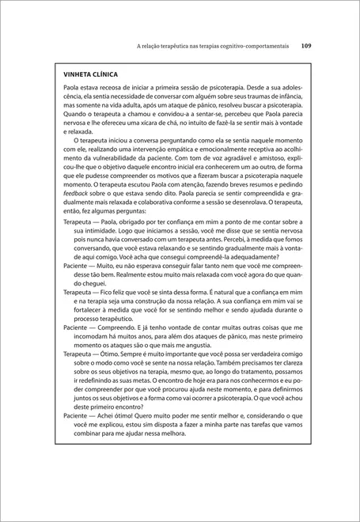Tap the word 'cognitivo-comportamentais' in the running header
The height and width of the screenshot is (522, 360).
(x=249, y=46)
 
